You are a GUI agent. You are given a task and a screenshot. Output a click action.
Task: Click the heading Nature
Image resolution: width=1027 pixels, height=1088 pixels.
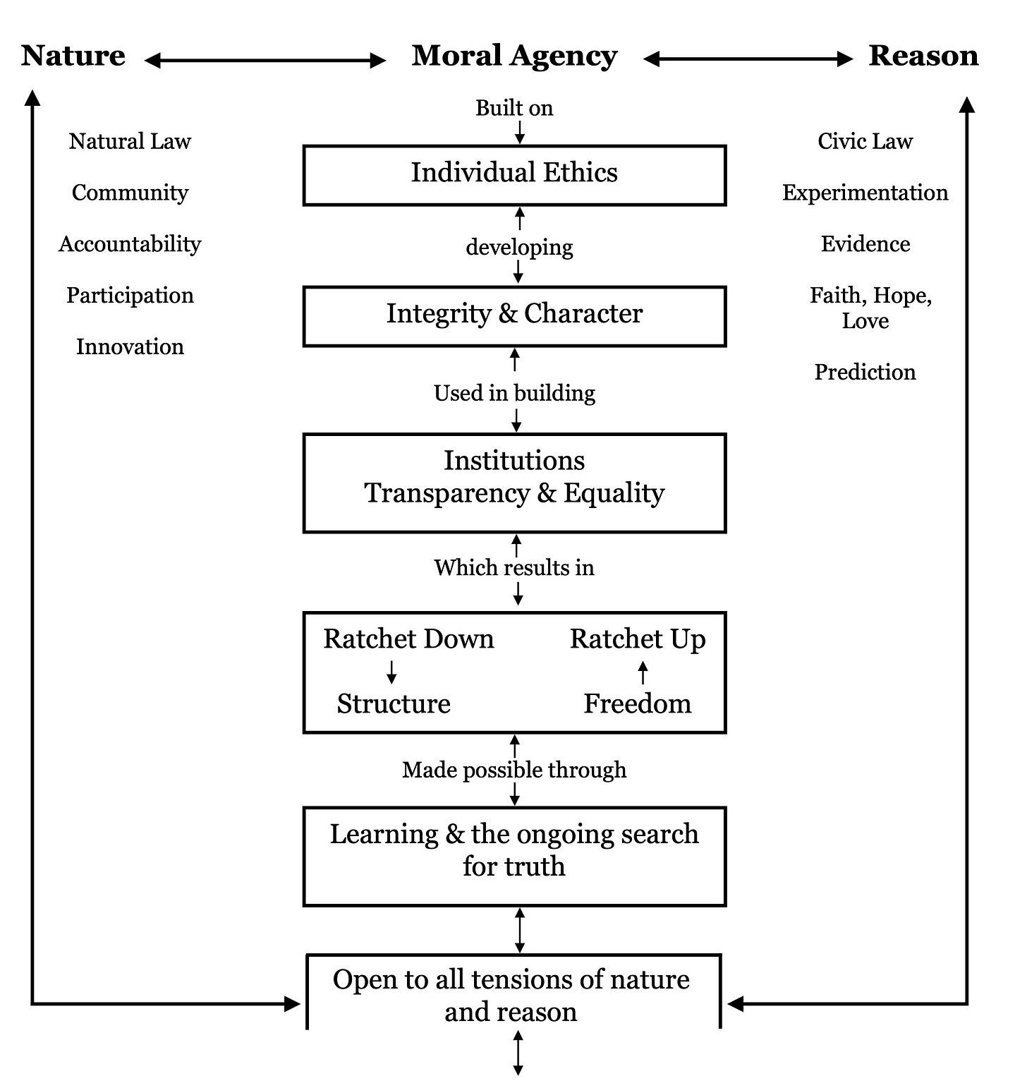73,56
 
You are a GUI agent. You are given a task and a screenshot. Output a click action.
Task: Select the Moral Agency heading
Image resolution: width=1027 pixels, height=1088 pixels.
514,56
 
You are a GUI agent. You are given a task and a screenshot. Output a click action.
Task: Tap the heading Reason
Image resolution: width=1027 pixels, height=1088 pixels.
923,56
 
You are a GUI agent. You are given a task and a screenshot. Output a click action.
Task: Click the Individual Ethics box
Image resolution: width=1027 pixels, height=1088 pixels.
514,174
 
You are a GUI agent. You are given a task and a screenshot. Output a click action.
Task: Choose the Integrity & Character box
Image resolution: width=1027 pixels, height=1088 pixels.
514,315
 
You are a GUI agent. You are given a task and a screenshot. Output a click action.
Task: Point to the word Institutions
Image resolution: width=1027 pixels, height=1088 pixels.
514,461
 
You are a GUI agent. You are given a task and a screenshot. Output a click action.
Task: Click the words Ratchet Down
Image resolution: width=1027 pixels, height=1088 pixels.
408,639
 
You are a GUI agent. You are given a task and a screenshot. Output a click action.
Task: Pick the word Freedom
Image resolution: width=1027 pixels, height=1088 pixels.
637,704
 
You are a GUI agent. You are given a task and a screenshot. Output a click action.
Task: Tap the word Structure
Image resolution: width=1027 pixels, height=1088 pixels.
394,704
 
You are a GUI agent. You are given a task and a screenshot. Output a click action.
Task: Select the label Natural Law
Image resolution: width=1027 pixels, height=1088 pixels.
130,141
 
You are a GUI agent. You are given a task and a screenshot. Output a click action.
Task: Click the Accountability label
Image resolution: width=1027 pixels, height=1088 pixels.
130,244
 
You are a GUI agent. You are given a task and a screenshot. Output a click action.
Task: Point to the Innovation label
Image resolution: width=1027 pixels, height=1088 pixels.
130,346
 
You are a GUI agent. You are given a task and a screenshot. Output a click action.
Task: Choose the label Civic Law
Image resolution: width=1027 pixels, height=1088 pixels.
865,141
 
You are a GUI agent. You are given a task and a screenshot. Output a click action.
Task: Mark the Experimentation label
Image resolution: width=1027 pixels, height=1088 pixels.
865,193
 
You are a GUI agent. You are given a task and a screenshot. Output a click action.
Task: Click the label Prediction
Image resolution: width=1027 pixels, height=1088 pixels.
865,372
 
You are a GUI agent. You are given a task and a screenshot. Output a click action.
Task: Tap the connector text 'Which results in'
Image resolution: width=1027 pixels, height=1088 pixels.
514,568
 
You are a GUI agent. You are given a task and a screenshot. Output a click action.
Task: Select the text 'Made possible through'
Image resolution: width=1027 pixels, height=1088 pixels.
514,770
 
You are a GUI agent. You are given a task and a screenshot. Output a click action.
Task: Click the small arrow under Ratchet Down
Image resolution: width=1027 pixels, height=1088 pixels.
391,671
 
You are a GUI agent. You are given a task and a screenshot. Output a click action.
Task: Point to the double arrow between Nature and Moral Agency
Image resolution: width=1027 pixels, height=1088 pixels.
265,61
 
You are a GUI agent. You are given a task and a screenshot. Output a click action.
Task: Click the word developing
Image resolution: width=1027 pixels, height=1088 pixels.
519,248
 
